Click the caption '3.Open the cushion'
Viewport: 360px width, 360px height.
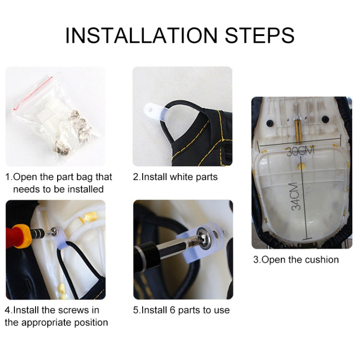click(x=296, y=260)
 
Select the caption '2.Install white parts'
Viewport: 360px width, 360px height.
click(x=175, y=177)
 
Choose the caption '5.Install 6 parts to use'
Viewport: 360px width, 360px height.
click(x=181, y=310)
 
